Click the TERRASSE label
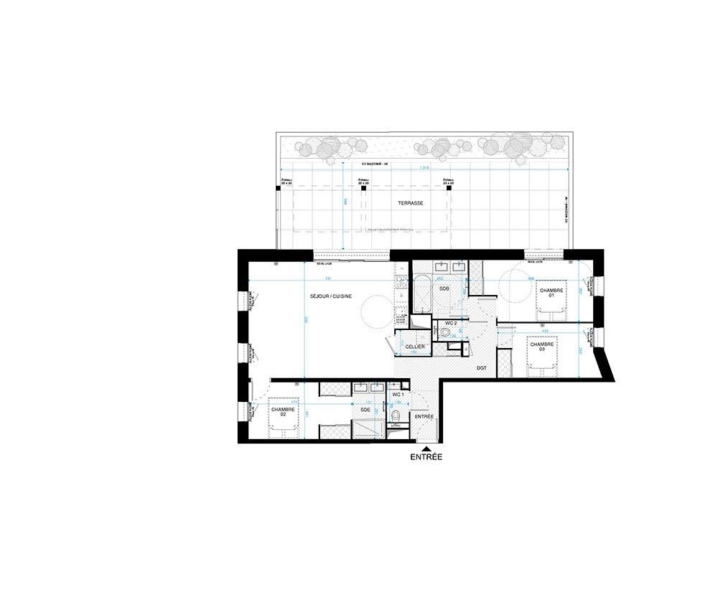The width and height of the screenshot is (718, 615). coord(411,203)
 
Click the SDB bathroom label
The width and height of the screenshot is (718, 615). coord(444,288)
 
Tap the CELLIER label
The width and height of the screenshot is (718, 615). coord(415,347)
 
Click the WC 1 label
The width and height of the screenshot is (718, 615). coord(398,395)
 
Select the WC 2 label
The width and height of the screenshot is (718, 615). coord(451,324)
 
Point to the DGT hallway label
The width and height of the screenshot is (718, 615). coord(482,367)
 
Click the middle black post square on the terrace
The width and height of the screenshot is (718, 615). coord(363,187)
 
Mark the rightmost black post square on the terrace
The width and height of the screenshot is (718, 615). coord(449,187)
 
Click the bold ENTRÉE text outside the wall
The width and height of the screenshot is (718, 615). coord(426,456)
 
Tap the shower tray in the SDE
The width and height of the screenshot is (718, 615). coord(365,428)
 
